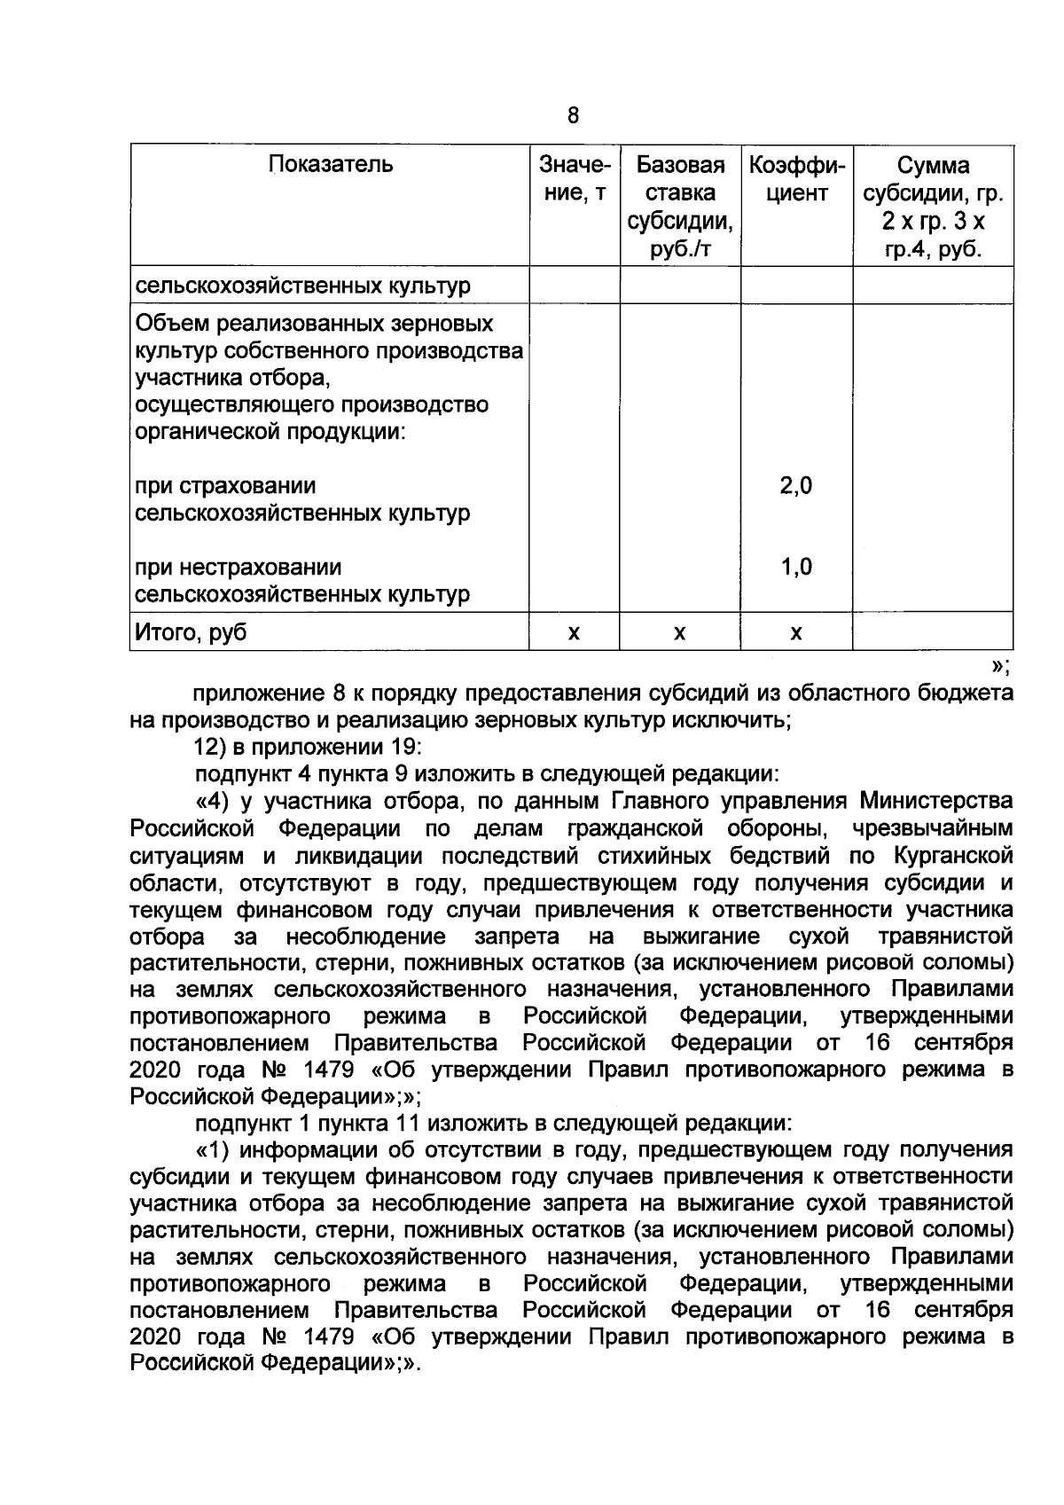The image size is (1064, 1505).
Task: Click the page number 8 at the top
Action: coord(572,115)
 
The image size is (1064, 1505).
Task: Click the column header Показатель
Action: coord(330,164)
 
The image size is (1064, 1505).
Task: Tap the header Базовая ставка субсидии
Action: coord(680,208)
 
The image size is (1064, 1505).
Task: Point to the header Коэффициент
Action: coord(795,179)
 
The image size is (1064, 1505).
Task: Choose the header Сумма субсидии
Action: coord(933,208)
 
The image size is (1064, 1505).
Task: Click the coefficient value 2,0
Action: coord(795,486)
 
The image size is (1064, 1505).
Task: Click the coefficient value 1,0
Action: coord(795,567)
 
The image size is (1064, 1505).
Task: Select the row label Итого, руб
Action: coord(191,632)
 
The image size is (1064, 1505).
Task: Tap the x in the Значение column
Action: coord(574,633)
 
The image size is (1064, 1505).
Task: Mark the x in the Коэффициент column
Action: coord(795,633)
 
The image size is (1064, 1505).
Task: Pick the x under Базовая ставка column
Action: coord(679,633)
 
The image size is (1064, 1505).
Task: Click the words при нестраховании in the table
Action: coord(238,567)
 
